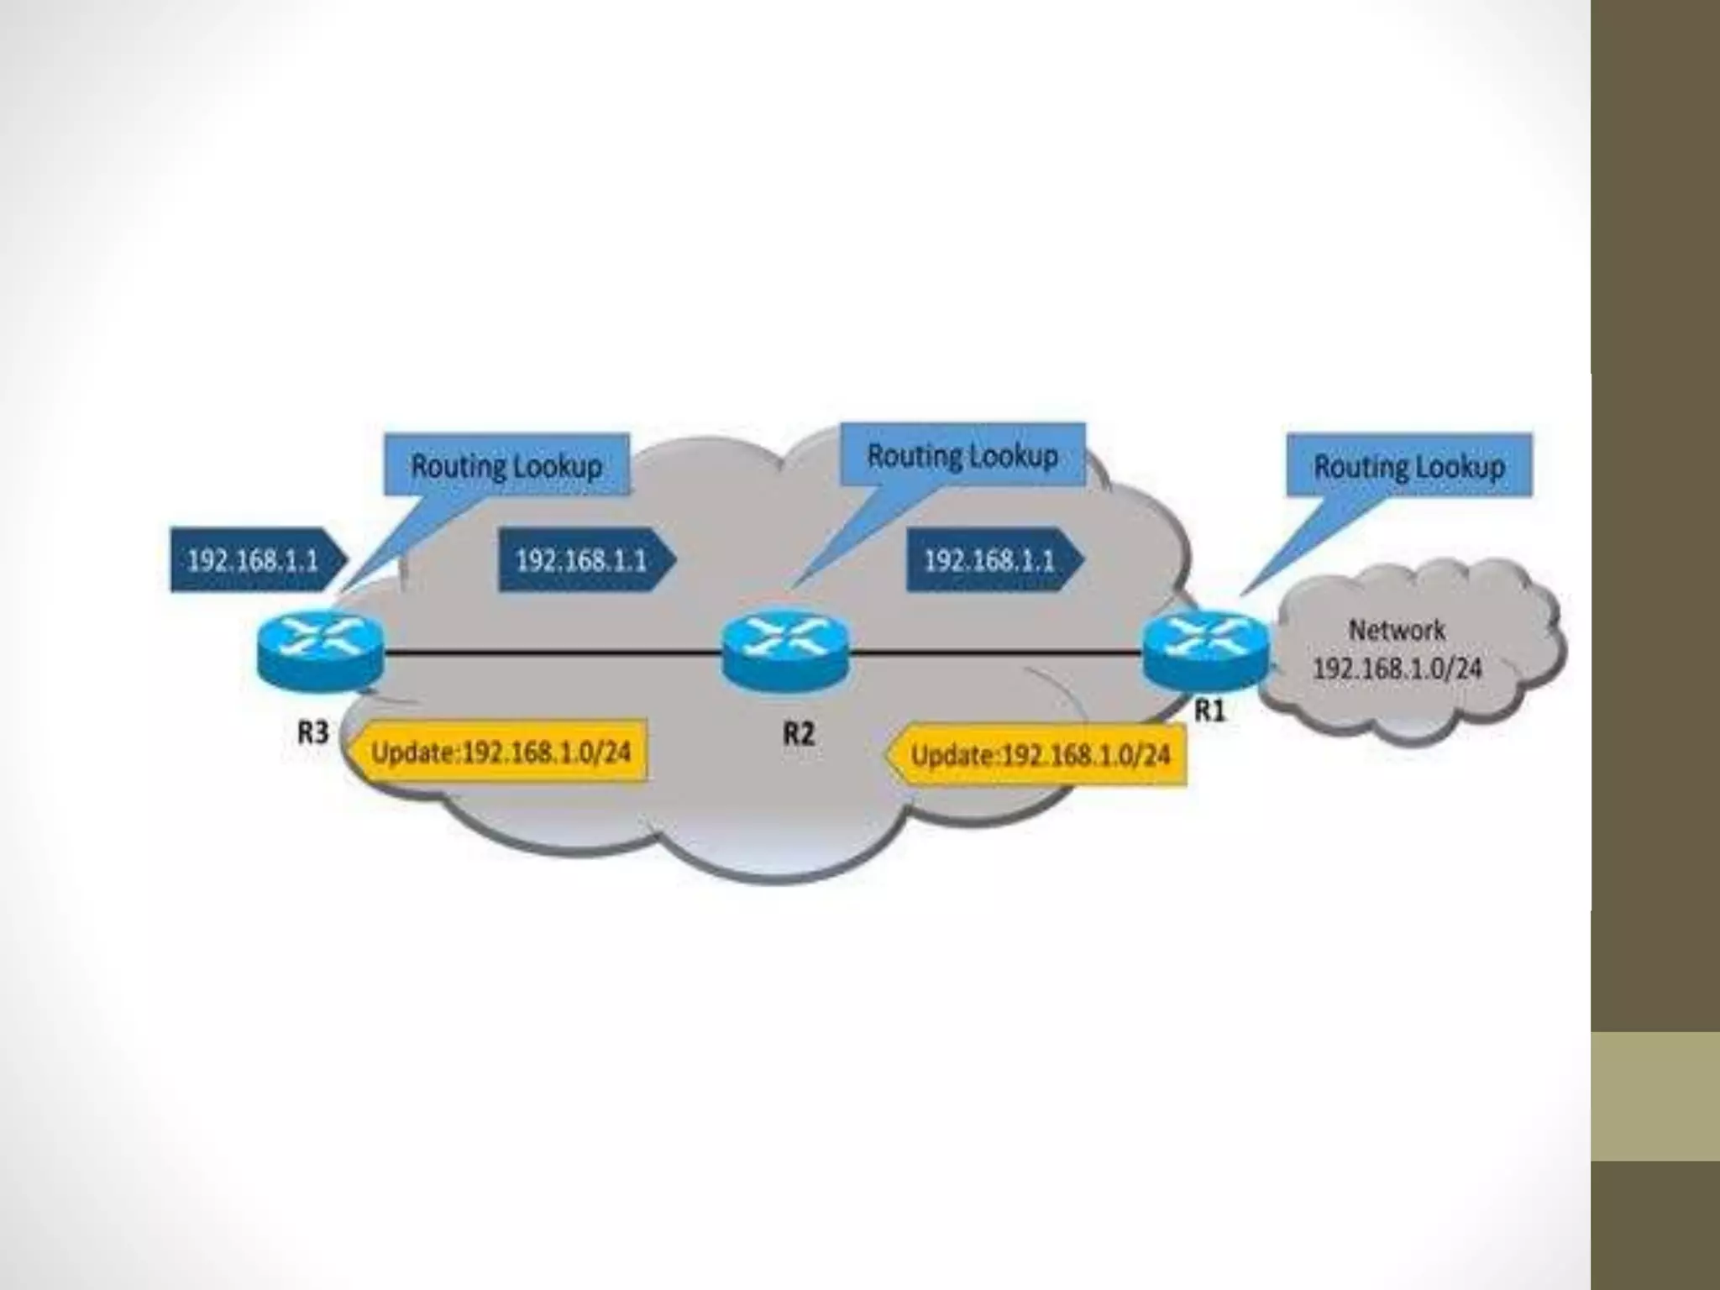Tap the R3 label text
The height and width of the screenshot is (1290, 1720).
tap(313, 732)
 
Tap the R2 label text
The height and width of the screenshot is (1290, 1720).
tap(799, 734)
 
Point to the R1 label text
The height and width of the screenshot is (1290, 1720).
tap(1210, 711)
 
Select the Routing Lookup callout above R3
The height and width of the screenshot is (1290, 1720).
tap(506, 465)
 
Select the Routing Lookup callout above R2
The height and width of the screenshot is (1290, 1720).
tap(962, 455)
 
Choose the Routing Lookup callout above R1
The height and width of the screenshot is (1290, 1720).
tap(1409, 465)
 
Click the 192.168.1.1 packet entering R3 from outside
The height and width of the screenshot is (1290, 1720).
tap(254, 560)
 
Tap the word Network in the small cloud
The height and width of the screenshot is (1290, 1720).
tap(1397, 630)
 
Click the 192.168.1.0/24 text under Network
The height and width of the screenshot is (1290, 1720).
tap(1397, 669)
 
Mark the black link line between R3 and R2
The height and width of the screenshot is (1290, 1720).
tap(554, 652)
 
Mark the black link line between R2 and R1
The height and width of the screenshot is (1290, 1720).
tap(995, 651)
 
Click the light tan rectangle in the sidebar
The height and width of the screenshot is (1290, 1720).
tap(1655, 1096)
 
